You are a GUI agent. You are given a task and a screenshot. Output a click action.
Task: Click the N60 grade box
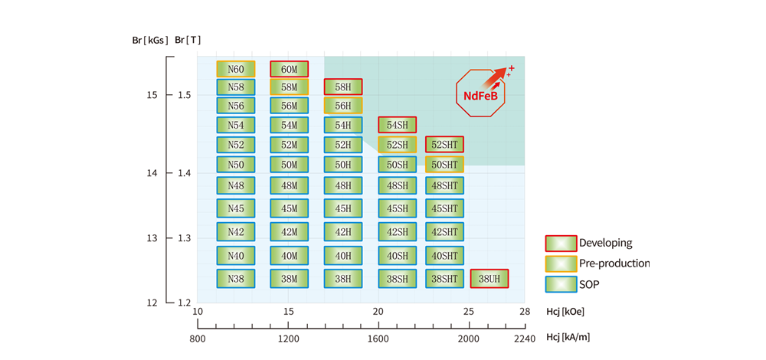236,70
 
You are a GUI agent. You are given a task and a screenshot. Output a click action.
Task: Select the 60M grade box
289,70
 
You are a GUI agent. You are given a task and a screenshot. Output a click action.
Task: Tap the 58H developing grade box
343,87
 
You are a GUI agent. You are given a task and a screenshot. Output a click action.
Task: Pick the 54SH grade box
397,125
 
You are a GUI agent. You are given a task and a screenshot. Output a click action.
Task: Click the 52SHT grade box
444,144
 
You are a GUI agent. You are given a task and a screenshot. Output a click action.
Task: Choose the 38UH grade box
489,279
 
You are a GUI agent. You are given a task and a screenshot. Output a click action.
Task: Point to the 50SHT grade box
444,164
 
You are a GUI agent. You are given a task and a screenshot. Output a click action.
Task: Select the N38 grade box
236,279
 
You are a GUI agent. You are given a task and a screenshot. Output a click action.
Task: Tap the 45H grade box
343,208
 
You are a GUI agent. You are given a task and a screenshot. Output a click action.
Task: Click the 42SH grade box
397,231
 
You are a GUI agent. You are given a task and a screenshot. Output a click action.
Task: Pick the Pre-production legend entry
597,263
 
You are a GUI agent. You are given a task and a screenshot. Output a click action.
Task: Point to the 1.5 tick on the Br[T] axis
183,96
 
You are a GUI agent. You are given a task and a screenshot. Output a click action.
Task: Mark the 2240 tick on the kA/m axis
525,338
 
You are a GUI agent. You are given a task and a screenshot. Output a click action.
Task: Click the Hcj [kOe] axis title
568,313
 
